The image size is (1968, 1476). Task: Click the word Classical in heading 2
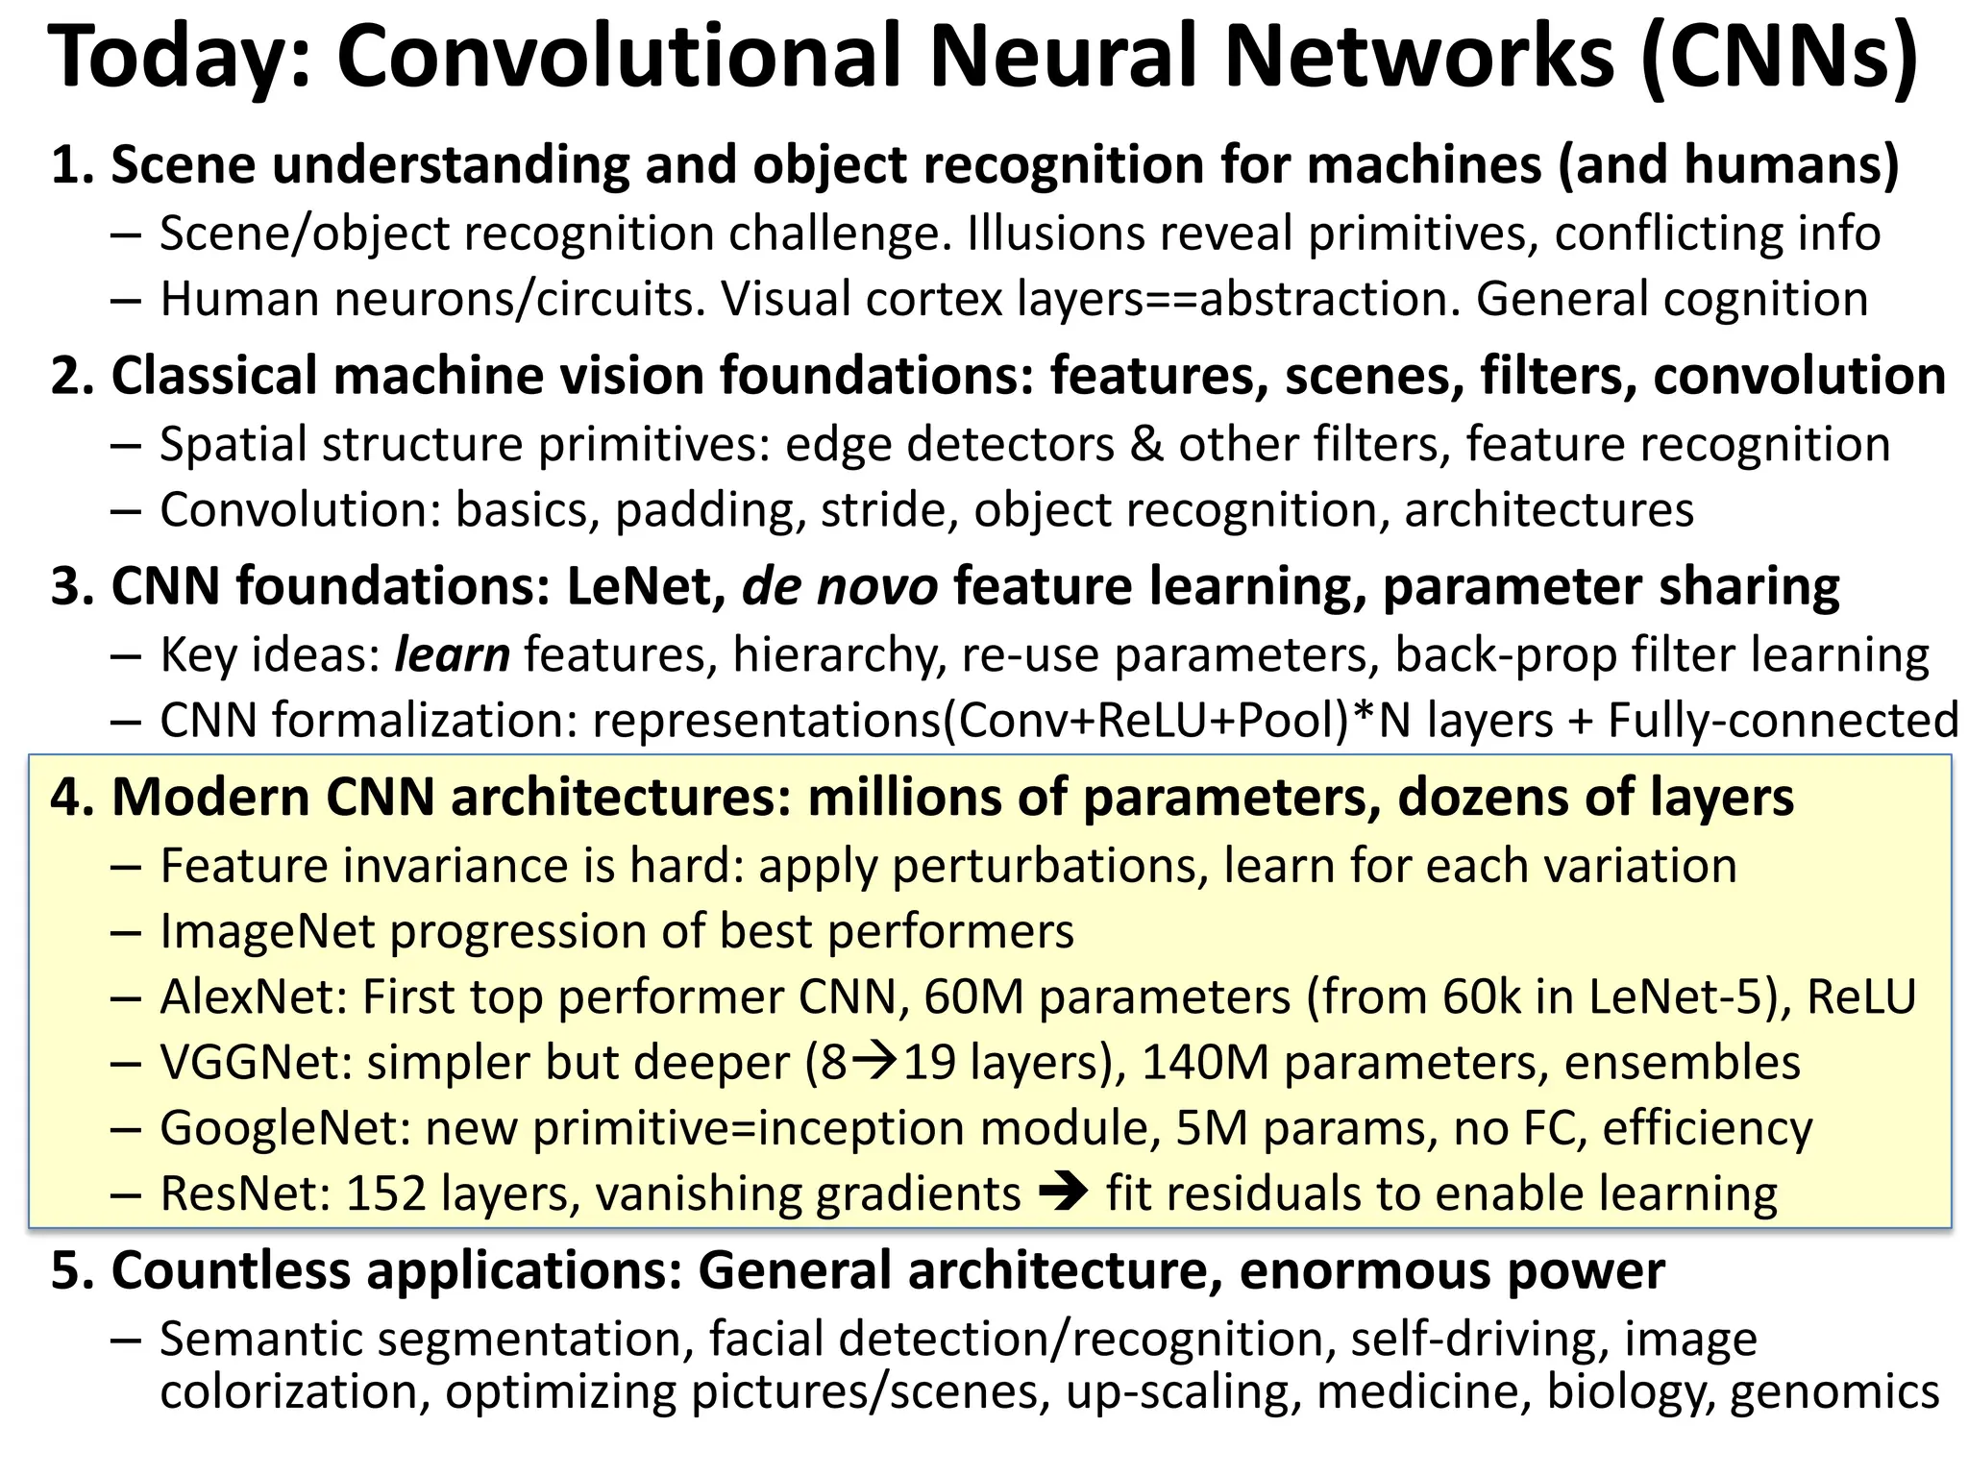214,375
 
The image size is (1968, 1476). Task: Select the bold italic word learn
452,655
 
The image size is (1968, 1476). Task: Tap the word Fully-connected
1783,721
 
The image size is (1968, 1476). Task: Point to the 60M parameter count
974,996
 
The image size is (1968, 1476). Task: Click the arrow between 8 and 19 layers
875,1061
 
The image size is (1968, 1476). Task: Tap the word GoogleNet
285,1128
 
